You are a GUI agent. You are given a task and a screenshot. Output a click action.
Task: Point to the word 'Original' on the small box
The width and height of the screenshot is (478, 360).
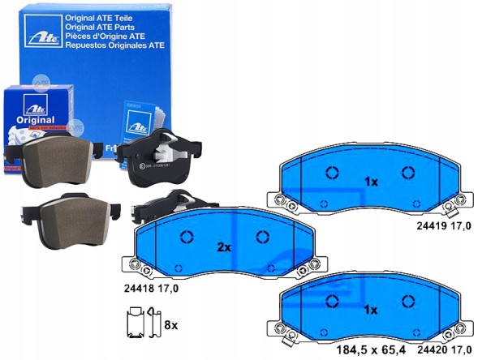(x=34, y=119)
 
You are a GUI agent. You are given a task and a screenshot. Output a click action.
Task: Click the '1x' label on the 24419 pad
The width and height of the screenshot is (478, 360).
(x=370, y=182)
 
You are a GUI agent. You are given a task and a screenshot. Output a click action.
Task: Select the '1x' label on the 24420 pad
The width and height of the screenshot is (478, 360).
(x=370, y=309)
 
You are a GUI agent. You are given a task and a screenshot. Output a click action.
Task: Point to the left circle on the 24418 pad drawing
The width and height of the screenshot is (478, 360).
(x=185, y=237)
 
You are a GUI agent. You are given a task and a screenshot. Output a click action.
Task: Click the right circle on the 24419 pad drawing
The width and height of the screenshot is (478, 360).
(x=407, y=172)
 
